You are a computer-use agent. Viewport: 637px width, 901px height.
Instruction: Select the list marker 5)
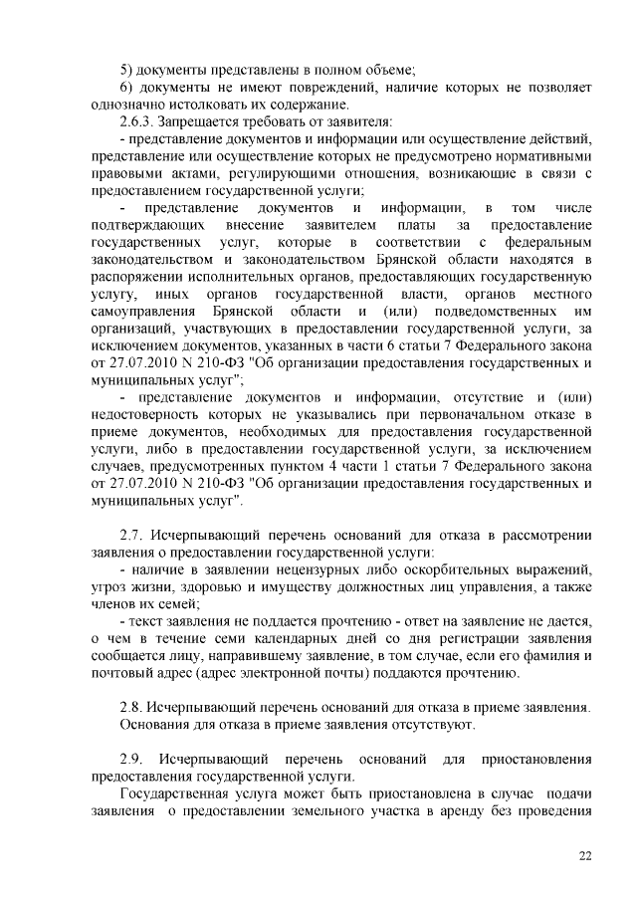126,69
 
